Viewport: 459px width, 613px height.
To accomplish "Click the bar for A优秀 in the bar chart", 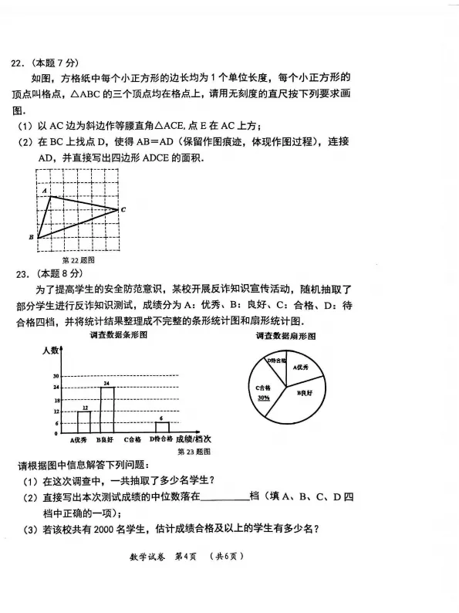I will click(x=84, y=422).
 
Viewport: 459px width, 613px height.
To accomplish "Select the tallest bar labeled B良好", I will click(x=106, y=409).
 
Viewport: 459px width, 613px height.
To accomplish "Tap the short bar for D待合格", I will click(x=162, y=427).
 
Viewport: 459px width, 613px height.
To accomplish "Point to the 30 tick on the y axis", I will click(x=56, y=376).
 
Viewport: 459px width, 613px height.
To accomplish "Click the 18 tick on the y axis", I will click(x=56, y=400).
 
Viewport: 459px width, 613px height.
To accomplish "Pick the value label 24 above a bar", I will click(x=106, y=383).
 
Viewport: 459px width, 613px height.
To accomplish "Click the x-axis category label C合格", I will click(x=132, y=440).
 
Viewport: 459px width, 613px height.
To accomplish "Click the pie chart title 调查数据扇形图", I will click(x=285, y=337).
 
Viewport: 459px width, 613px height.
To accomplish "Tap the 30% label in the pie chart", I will click(x=264, y=398).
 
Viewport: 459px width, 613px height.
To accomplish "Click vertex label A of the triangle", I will click(x=45, y=190).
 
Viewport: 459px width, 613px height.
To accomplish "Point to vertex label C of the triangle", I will click(x=123, y=209).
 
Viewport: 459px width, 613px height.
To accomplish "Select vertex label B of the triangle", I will click(x=31, y=237).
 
